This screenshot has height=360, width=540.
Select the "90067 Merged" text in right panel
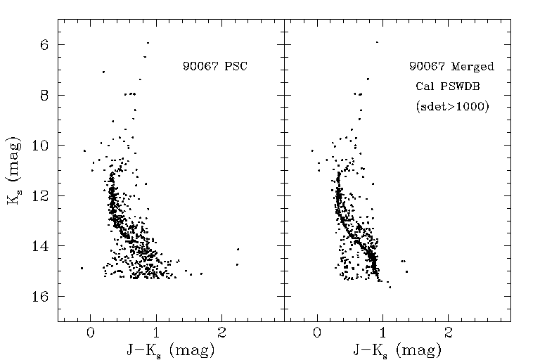point(451,67)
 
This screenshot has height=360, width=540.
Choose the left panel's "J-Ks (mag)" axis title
point(171,349)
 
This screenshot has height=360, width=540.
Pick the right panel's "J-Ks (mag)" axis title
point(398,349)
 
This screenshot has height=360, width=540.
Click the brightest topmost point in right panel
point(377,42)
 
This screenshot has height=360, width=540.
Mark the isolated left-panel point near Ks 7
point(103,72)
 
